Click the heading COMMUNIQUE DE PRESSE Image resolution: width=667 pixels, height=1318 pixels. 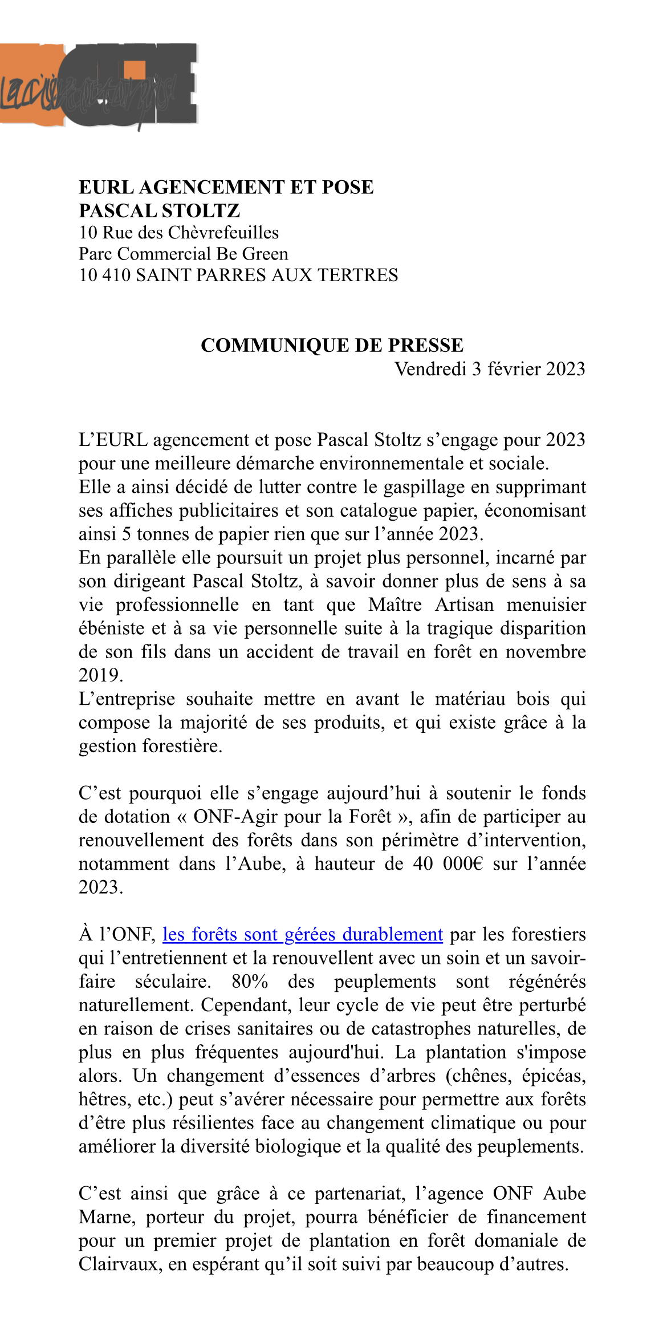[x=332, y=346]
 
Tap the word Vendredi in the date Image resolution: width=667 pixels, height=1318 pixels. [x=430, y=369]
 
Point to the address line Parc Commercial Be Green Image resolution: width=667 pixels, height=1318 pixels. [x=183, y=254]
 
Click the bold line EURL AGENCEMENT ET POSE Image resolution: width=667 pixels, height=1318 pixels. [x=226, y=187]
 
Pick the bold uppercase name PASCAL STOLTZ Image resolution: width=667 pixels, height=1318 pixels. [x=159, y=211]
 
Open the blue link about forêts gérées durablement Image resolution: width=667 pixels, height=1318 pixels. [x=302, y=934]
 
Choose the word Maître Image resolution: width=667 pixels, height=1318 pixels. [x=395, y=605]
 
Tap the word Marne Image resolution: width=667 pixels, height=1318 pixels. [x=107, y=1217]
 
